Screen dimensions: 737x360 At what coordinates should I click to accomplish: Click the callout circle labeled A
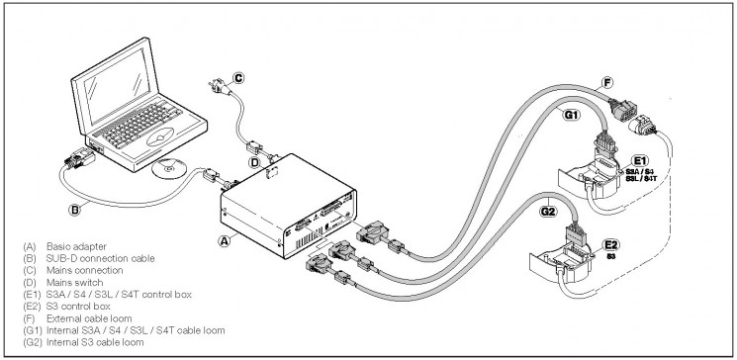(225, 240)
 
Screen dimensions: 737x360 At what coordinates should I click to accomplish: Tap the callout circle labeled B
(74, 210)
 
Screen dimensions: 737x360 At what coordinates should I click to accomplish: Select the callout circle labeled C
(238, 78)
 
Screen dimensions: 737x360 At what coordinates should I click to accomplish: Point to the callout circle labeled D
(255, 163)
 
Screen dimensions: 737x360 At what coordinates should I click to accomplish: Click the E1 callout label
(640, 161)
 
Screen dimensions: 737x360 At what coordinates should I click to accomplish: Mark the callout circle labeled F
(607, 84)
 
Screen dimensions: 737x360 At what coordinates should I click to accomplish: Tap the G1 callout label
(570, 114)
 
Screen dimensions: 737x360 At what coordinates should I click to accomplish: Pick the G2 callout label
(548, 212)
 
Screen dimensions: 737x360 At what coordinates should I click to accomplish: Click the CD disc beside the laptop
(169, 168)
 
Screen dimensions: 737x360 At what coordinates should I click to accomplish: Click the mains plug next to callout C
(219, 87)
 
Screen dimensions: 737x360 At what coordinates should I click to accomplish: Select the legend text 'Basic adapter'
(76, 246)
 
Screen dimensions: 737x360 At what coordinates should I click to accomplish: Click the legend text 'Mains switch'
(75, 283)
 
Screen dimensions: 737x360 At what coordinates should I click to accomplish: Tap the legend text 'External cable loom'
(89, 318)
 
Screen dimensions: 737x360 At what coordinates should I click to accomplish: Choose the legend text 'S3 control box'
(78, 307)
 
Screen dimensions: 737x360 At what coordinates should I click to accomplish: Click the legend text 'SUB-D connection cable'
(101, 258)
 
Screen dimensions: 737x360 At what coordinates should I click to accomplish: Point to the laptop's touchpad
(160, 137)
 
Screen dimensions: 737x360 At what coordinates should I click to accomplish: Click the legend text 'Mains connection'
(85, 270)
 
